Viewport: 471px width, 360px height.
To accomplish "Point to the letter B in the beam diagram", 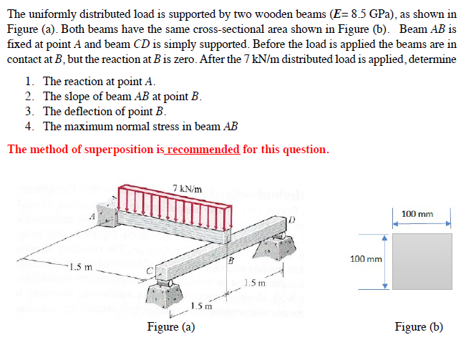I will click(231, 260).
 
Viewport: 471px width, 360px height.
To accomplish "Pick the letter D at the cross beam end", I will click(291, 218).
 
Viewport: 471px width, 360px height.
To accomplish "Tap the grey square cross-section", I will click(421, 261).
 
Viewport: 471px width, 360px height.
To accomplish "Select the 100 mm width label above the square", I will click(417, 213).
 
